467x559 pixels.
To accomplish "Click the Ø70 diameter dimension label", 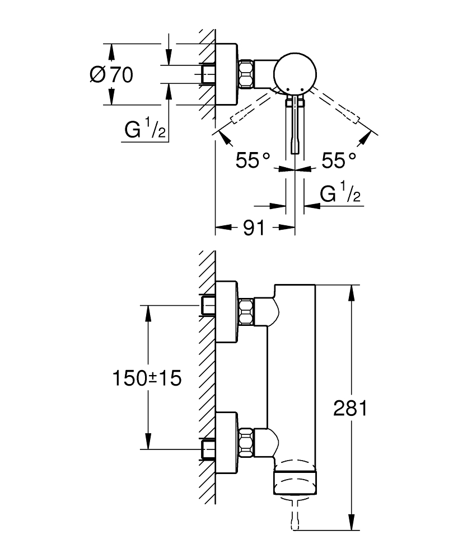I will pyautogui.click(x=111, y=74).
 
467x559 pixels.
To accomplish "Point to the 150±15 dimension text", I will pyautogui.click(x=147, y=378).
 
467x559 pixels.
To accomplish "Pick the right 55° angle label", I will pyautogui.click(x=339, y=161).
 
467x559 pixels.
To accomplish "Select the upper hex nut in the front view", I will pyautogui.click(x=246, y=312).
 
